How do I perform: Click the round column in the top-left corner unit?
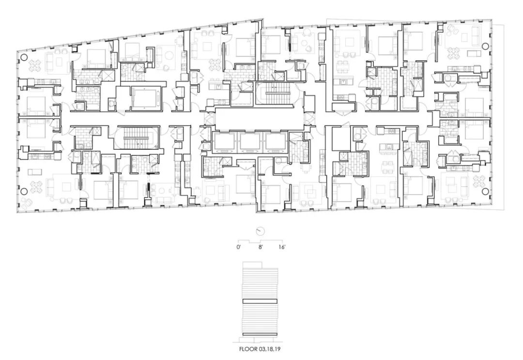(x=24, y=57)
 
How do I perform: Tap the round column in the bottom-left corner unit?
(x=24, y=191)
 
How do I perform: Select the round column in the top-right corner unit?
(x=486, y=46)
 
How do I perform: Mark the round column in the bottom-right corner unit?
(x=486, y=191)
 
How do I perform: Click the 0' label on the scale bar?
(x=239, y=247)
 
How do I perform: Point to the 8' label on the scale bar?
(x=261, y=247)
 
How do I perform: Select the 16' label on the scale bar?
(x=282, y=247)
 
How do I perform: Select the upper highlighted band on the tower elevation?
(x=260, y=301)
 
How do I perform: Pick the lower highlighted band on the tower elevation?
(x=260, y=334)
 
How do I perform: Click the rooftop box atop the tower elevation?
(x=253, y=265)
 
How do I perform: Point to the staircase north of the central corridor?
(x=274, y=94)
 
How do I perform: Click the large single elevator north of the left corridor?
(x=145, y=97)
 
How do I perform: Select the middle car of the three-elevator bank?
(x=251, y=141)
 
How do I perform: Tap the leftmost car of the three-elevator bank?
(x=225, y=141)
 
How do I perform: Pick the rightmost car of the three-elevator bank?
(x=276, y=141)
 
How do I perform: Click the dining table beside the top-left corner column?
(x=35, y=65)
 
